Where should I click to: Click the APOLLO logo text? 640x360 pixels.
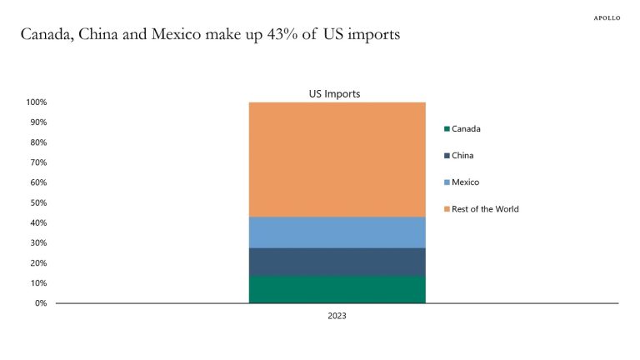pos(607,17)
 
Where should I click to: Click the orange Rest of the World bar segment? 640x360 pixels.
pos(337,159)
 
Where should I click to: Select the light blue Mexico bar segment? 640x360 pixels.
pos(337,232)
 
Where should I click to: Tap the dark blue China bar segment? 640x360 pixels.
pos(337,262)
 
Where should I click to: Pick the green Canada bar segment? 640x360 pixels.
pos(337,289)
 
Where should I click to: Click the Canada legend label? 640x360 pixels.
pos(466,129)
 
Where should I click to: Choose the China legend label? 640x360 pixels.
pos(462,156)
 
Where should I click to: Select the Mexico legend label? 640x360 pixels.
pos(465,182)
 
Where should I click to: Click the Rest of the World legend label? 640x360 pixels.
pos(485,209)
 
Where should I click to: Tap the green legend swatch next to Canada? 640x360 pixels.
pos(447,129)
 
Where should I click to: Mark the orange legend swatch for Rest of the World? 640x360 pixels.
pos(447,209)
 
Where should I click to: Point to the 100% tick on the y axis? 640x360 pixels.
pos(36,102)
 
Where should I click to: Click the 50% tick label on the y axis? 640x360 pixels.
pos(38,202)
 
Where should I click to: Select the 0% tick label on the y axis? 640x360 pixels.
pos(41,303)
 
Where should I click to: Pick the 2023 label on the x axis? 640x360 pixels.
pos(337,317)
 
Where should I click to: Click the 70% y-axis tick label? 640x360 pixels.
pos(38,162)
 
